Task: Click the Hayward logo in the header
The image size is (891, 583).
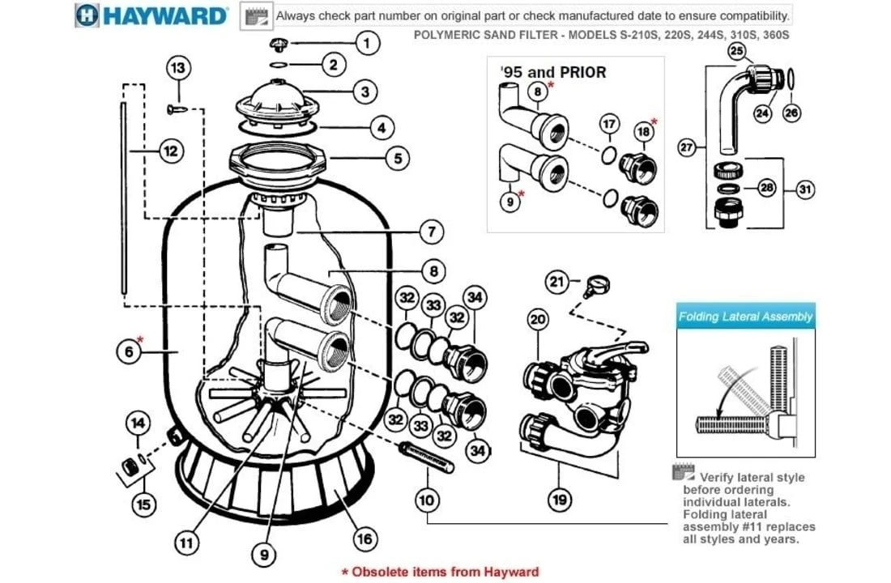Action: coord(151,15)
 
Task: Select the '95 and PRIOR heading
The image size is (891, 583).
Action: coord(553,71)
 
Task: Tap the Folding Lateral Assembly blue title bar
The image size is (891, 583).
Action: coord(745,317)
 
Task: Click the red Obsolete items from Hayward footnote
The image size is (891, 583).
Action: coord(440,572)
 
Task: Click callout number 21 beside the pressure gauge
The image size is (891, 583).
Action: coord(555,282)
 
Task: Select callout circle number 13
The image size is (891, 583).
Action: coord(179,68)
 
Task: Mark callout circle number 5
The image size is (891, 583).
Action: coord(397,158)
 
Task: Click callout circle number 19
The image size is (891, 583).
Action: coord(559,500)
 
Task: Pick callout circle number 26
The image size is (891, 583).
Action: coord(791,113)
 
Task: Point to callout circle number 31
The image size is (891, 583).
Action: coord(804,189)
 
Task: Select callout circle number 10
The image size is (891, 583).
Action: coord(427,500)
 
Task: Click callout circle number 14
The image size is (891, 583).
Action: coord(139,422)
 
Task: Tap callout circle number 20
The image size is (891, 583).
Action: coord(539,320)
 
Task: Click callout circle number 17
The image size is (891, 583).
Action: coord(609,125)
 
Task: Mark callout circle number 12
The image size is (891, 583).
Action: coord(171,150)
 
